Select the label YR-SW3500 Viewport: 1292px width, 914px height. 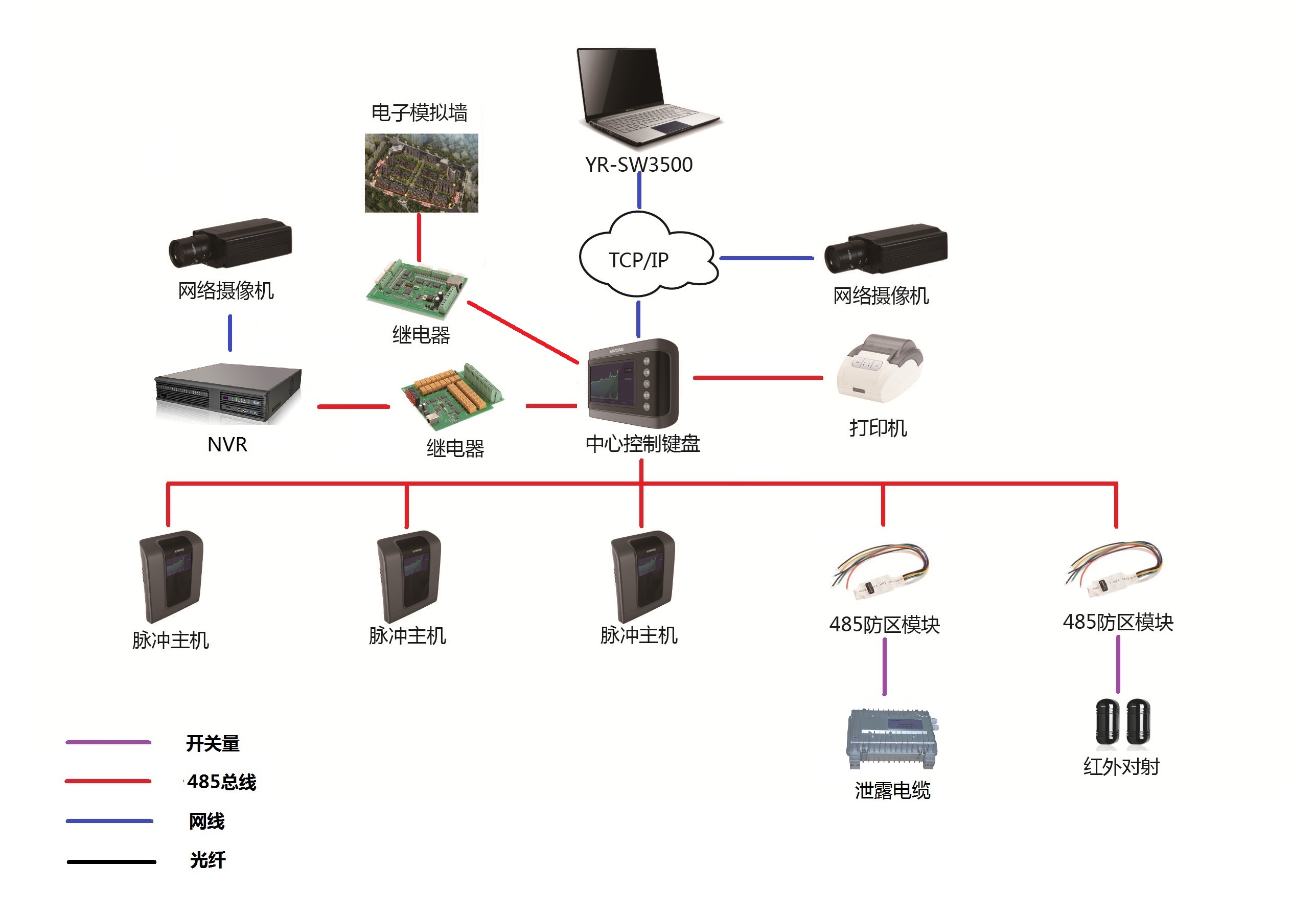(x=639, y=164)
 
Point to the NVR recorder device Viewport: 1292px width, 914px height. (x=228, y=394)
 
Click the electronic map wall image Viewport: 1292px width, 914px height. (x=422, y=173)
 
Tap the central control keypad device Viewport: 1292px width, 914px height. (x=633, y=383)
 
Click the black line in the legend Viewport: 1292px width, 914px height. (x=111, y=862)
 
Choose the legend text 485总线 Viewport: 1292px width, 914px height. (x=221, y=782)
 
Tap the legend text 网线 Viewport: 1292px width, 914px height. (x=206, y=821)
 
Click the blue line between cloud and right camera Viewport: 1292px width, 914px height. (x=767, y=258)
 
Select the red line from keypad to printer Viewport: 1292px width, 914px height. (x=757, y=378)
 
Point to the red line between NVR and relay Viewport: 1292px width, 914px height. (x=353, y=406)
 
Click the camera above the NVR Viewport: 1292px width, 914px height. (x=230, y=243)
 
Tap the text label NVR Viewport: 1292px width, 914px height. (x=227, y=445)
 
